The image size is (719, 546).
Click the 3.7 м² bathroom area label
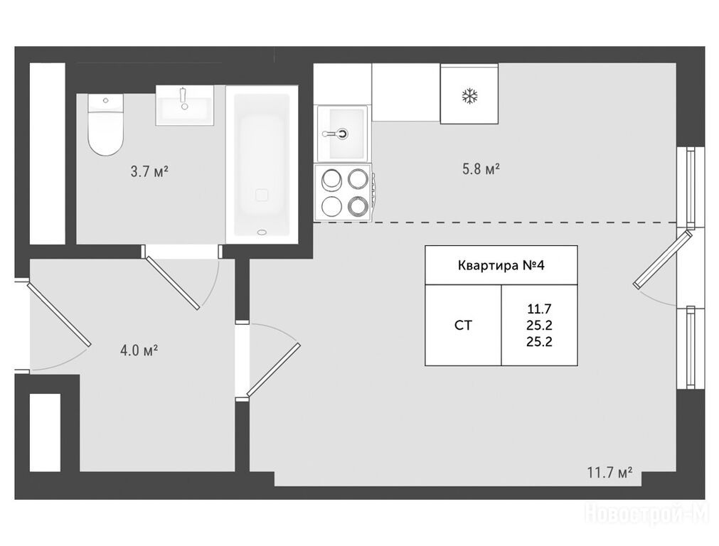(x=149, y=172)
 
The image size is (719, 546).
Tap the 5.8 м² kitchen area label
(x=481, y=169)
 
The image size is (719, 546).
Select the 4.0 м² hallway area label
(x=139, y=351)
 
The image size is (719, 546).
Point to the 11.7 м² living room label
(x=610, y=472)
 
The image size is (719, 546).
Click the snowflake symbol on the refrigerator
(x=469, y=96)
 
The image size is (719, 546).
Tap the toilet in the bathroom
(x=106, y=124)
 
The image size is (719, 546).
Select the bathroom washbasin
(x=185, y=105)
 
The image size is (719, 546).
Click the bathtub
(x=262, y=164)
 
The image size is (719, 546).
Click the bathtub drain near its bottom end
(x=262, y=232)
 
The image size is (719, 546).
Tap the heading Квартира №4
(x=501, y=265)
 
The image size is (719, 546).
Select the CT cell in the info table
(x=463, y=326)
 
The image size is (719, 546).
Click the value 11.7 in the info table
(x=539, y=309)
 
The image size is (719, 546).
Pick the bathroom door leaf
(x=172, y=283)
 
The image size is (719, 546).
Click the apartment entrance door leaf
(x=59, y=314)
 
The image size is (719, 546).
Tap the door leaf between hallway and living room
(x=273, y=370)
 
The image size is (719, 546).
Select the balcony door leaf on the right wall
(x=663, y=259)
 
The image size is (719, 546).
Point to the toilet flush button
(x=106, y=100)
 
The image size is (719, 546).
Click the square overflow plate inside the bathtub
(x=262, y=196)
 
